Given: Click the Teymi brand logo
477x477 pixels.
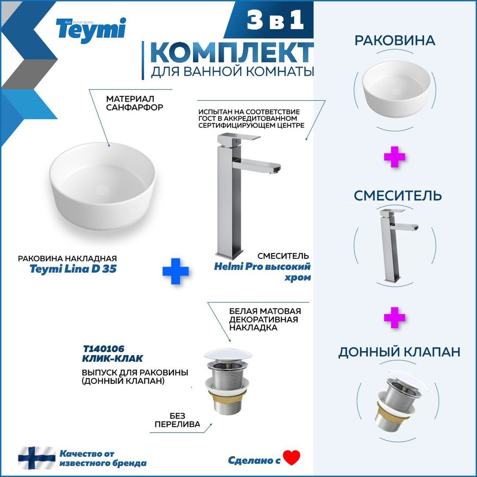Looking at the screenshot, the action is (x=91, y=30).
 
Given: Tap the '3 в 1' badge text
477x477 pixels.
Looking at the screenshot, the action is (x=275, y=21).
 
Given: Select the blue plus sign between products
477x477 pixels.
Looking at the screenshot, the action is (x=175, y=271).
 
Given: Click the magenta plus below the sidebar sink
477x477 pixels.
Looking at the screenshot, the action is (x=394, y=157).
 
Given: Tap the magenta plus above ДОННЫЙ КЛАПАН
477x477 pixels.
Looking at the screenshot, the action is (x=394, y=318).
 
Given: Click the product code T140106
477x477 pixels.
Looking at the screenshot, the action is (x=103, y=349).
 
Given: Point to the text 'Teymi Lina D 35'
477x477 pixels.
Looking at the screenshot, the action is (x=73, y=269).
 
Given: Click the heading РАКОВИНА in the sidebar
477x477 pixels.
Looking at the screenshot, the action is (x=395, y=41).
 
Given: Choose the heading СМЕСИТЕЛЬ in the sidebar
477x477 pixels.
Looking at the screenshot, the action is (x=397, y=196).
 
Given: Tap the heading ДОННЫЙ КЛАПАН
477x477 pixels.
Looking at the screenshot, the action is (x=399, y=352).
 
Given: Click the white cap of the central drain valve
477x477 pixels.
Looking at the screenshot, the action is (x=228, y=355).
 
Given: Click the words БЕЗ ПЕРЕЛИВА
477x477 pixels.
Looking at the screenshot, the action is (x=177, y=420).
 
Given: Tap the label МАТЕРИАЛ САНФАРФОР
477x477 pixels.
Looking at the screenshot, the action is (x=134, y=103).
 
